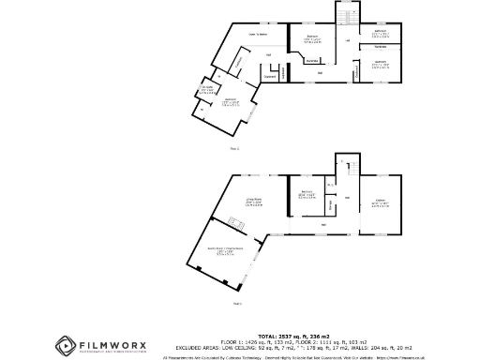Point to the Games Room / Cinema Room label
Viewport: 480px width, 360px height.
(226, 249)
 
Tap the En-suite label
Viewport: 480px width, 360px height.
(205, 92)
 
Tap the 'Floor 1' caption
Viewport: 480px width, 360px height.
(238, 303)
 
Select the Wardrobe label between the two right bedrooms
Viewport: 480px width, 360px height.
(380, 46)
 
